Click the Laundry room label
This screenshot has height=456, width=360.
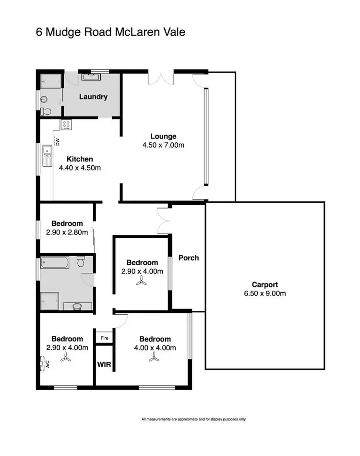93,97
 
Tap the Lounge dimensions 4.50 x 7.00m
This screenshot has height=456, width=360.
163,145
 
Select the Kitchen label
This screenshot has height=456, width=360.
80,159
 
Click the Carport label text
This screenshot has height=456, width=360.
265,284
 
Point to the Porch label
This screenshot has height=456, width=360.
189,258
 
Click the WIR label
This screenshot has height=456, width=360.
104,365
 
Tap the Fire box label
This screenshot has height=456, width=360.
104,338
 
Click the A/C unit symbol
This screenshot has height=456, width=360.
44,363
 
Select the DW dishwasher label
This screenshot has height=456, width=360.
57,142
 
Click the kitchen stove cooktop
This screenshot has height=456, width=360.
66,125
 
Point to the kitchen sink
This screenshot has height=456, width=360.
47,154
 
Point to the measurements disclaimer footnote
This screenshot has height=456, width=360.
194,419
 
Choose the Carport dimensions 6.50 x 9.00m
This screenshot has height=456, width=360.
265,293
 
